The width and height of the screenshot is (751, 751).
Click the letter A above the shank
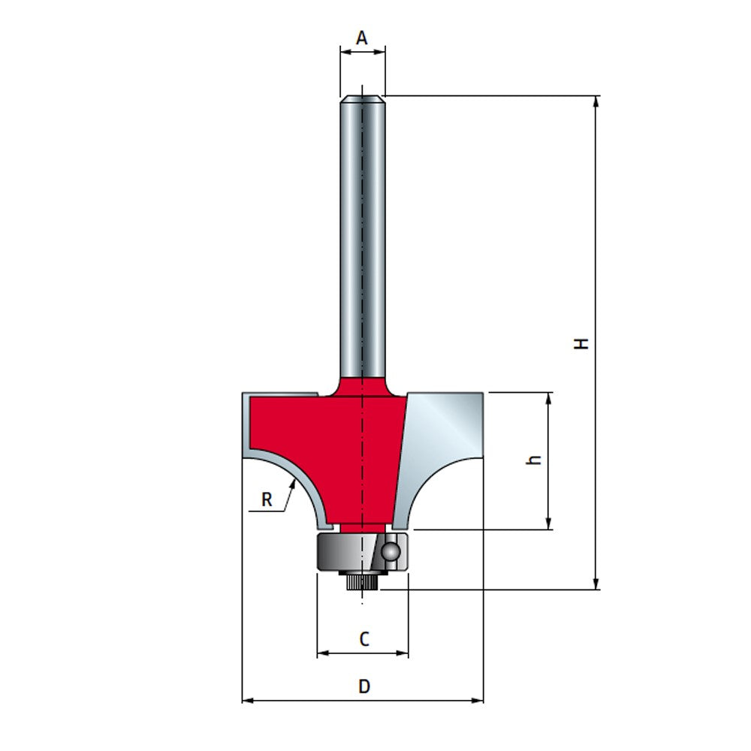click(x=362, y=38)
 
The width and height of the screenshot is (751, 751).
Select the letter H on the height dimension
click(x=581, y=343)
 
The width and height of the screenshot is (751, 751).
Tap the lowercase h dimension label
click(x=534, y=460)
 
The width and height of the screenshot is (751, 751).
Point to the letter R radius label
click(x=267, y=499)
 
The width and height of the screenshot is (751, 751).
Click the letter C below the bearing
click(x=363, y=639)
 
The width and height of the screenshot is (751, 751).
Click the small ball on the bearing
click(x=391, y=551)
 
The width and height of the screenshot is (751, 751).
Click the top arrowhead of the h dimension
click(x=550, y=397)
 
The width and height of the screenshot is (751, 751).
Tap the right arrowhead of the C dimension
click(x=404, y=653)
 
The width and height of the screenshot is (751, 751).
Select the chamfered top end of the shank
click(x=362, y=97)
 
